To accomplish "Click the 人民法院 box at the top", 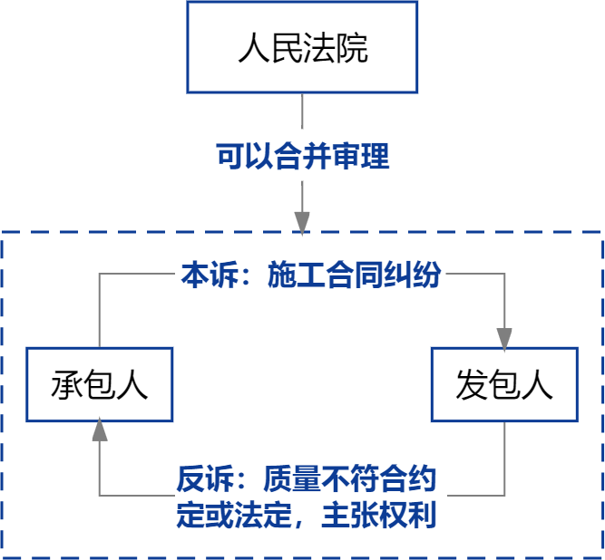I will click(302, 47).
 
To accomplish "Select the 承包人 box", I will click(100, 384).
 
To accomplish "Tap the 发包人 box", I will click(504, 384).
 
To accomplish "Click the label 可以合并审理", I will click(302, 157).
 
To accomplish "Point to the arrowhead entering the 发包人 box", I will click(504, 338).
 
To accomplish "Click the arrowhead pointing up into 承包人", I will click(100, 430).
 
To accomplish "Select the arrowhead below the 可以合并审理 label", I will click(302, 221).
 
